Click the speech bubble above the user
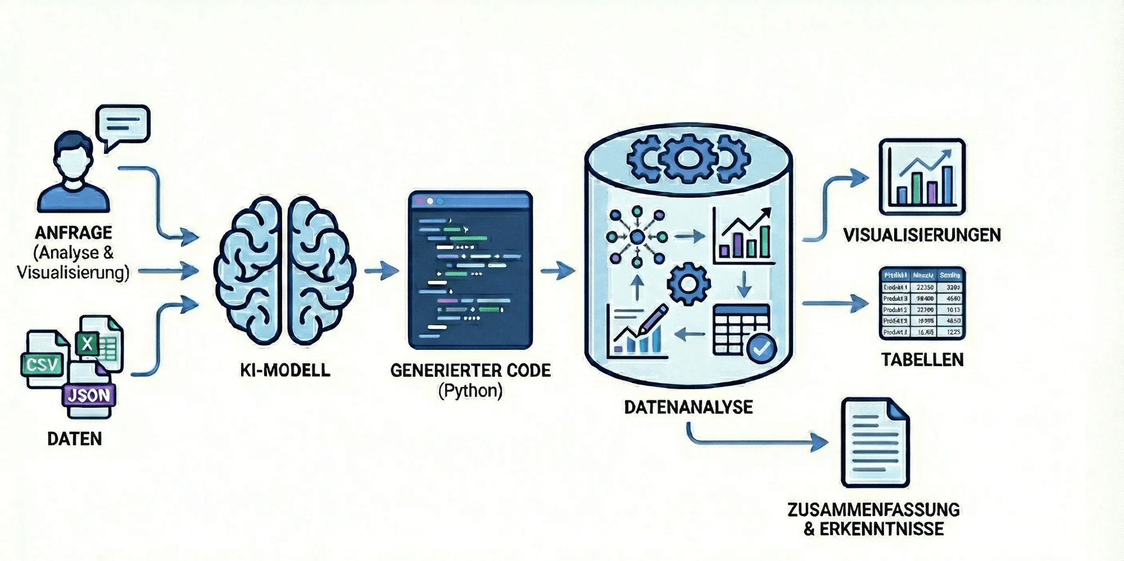click(x=123, y=125)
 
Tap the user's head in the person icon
click(x=73, y=157)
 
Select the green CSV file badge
click(x=42, y=365)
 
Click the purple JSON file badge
click(x=89, y=395)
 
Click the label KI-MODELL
click(x=285, y=370)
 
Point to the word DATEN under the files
click(x=75, y=439)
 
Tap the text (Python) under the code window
click(x=470, y=390)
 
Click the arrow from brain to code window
click(x=382, y=271)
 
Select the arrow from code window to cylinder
click(x=558, y=271)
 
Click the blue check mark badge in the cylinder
click(x=762, y=349)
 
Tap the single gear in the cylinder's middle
click(x=688, y=284)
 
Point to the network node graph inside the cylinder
click(x=637, y=237)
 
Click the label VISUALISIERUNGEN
click(x=922, y=235)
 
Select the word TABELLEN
click(x=922, y=359)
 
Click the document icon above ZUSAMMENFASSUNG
click(x=874, y=443)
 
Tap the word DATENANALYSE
click(x=688, y=407)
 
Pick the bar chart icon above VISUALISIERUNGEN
click(x=922, y=177)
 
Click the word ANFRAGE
click(x=74, y=232)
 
